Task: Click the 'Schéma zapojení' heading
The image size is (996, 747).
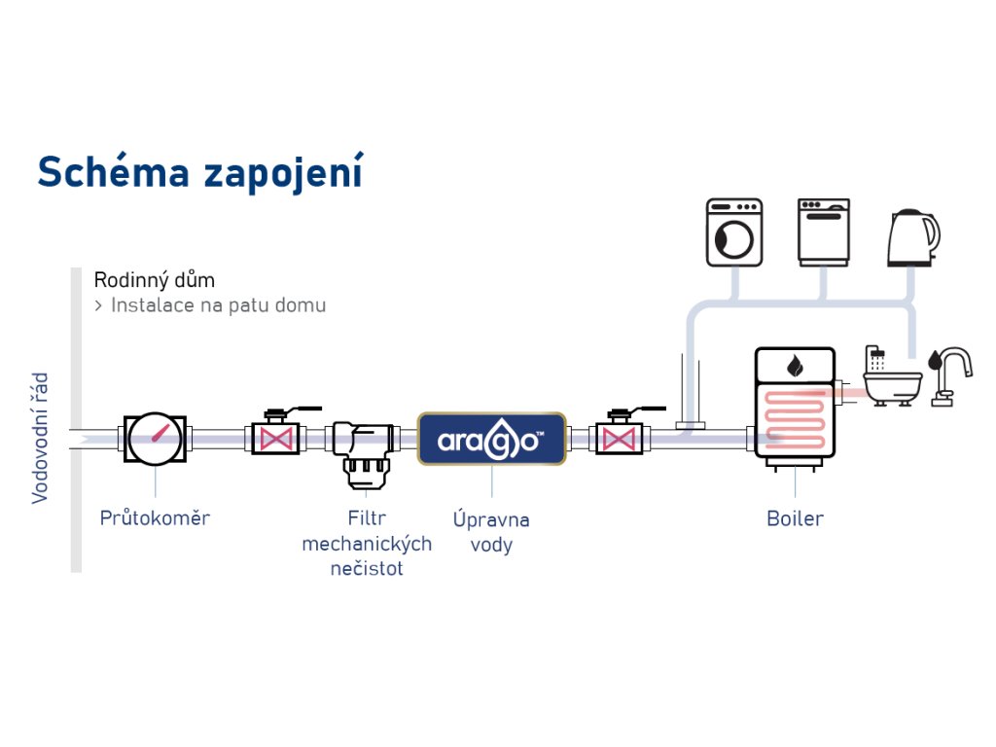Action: coord(199,171)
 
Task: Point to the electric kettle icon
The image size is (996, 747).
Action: coord(912,237)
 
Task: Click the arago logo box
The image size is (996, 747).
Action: coord(492,439)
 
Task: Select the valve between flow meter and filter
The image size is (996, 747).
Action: coord(275,437)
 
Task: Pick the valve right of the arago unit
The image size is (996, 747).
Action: coord(615,437)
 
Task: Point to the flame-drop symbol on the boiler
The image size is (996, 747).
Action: coord(796,365)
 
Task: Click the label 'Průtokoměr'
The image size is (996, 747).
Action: coord(155,517)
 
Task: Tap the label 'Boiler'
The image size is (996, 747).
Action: coord(795,518)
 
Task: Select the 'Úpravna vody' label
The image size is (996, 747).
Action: coord(491,532)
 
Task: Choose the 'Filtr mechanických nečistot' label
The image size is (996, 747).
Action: coord(366,543)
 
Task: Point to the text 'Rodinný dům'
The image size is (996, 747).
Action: coord(155,280)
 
